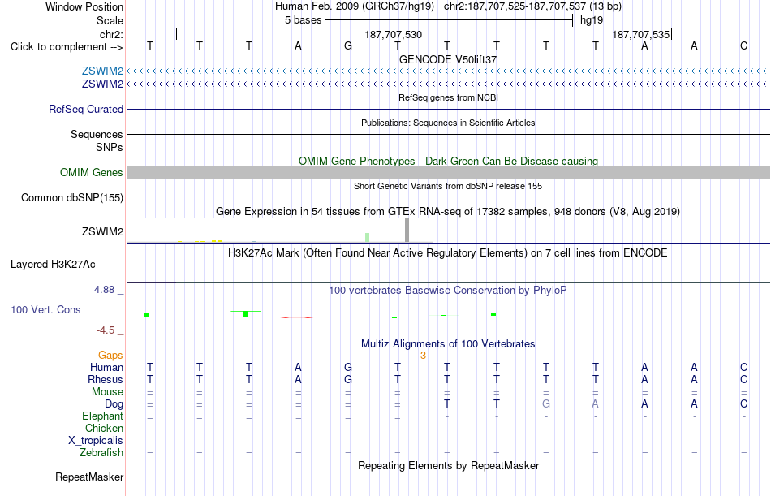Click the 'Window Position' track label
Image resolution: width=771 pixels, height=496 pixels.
pos(84,6)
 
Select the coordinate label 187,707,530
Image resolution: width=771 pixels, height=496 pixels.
pos(394,34)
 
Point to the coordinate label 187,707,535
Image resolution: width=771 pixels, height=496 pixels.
pos(640,34)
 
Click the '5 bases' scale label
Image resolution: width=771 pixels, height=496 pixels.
pos(303,20)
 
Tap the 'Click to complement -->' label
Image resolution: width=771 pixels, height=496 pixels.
pos(67,47)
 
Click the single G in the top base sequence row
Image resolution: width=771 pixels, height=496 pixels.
pos(347,45)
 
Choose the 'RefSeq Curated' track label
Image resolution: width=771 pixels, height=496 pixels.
pos(86,110)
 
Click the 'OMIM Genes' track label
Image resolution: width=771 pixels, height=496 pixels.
pos(92,172)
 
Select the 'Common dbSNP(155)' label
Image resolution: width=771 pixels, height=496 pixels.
pos(72,198)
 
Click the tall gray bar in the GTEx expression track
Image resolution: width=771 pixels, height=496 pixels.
pos(407,230)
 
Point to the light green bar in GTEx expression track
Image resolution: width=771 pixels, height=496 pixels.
pos(368,237)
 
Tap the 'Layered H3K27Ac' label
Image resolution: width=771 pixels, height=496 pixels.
pos(53,265)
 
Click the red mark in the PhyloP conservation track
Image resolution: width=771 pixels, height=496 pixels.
pos(296,317)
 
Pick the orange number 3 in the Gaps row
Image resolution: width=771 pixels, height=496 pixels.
pos(423,356)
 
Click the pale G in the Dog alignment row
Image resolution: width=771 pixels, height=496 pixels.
pos(546,404)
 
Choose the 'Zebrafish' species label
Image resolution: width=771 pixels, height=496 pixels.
pos(101,453)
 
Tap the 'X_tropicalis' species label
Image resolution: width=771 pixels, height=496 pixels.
pos(96,441)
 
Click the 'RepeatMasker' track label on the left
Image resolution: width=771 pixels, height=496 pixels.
pos(89,477)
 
